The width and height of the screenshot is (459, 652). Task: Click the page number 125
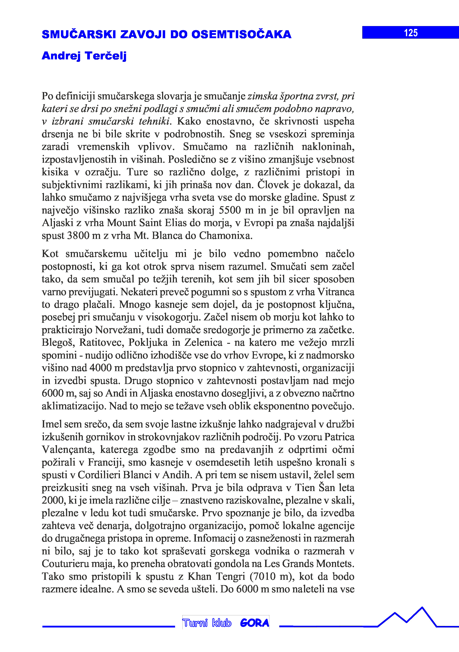pos(411,33)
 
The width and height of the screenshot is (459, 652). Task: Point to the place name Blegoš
pos(58,342)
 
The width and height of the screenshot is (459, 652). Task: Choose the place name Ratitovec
pos(101,342)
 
